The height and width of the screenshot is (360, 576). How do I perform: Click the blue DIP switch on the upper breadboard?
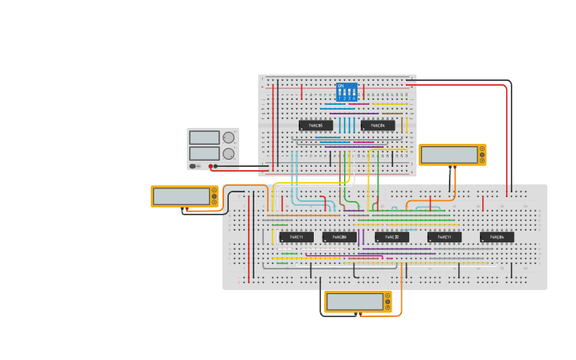tap(346, 91)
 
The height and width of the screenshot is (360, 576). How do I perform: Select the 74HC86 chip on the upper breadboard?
tap(315, 126)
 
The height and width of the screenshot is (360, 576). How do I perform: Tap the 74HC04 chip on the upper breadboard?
tap(377, 126)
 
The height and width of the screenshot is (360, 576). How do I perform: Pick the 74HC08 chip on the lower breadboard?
tap(339, 237)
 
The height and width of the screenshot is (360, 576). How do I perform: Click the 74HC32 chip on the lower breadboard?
tap(392, 237)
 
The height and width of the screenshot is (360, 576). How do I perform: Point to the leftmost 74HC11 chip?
tap(296, 237)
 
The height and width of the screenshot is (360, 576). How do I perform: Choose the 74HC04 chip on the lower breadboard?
tap(497, 237)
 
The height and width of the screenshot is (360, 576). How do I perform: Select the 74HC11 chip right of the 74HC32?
tap(444, 237)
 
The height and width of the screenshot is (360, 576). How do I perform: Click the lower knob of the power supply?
tap(229, 153)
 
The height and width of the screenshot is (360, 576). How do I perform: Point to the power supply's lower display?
tap(204, 153)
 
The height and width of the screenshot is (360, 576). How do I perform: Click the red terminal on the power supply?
tap(211, 166)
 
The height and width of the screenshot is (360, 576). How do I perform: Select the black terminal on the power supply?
tap(216, 166)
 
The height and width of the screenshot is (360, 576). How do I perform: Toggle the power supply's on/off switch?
tap(193, 166)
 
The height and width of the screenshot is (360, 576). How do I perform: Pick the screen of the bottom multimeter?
tap(354, 302)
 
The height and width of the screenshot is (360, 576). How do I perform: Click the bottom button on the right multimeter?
tap(481, 161)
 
